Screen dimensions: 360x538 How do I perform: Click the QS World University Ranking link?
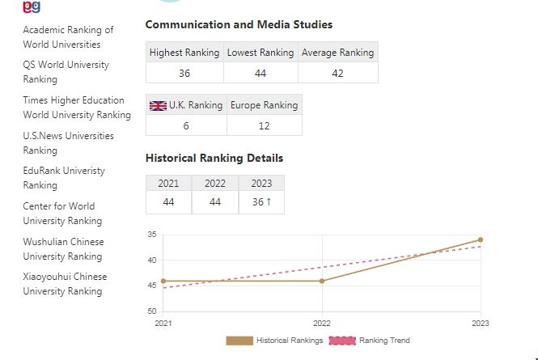(66, 72)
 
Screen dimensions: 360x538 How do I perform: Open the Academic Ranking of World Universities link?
(68, 37)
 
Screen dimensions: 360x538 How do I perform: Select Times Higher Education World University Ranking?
(76, 108)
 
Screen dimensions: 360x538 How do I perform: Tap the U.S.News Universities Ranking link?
(68, 143)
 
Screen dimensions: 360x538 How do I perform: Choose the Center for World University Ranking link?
(62, 214)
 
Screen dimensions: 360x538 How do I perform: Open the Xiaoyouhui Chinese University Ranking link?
(65, 284)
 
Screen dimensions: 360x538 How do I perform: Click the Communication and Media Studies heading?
(239, 25)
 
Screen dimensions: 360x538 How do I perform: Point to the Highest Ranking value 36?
(184, 73)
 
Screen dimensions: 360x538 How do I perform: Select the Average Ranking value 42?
(337, 73)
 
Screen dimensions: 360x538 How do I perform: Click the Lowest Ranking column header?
(261, 53)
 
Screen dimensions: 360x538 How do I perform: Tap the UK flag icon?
(159, 105)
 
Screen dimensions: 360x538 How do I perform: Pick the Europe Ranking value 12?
(264, 125)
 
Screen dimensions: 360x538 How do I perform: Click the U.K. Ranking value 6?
(186, 125)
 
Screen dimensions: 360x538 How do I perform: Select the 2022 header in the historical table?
(215, 183)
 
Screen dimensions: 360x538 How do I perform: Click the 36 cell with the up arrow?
(261, 202)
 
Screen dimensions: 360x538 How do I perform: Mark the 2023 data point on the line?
(481, 239)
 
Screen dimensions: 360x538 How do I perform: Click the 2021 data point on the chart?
(163, 281)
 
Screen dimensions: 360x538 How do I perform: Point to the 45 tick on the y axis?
(152, 286)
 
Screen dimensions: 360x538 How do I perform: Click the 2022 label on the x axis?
(322, 322)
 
